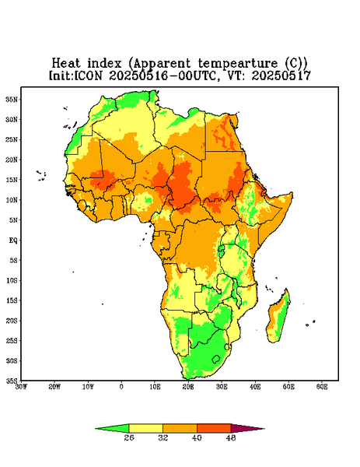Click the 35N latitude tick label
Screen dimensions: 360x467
12,99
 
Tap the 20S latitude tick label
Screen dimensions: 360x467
12,321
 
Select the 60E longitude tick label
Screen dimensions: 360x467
322,387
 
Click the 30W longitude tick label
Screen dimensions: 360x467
21,387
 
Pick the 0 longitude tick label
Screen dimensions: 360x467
121,387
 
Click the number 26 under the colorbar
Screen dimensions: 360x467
129,437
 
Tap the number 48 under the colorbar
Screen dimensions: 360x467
231,437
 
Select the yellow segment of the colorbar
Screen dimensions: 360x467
145,428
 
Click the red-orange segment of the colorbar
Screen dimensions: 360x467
214,428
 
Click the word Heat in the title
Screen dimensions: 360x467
66,63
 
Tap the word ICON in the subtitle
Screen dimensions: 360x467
89,75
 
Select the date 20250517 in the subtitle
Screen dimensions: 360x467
281,75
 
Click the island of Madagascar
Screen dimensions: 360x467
278,318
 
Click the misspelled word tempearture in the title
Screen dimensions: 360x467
238,64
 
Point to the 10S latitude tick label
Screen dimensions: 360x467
12,280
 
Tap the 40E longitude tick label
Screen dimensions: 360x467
255,387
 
